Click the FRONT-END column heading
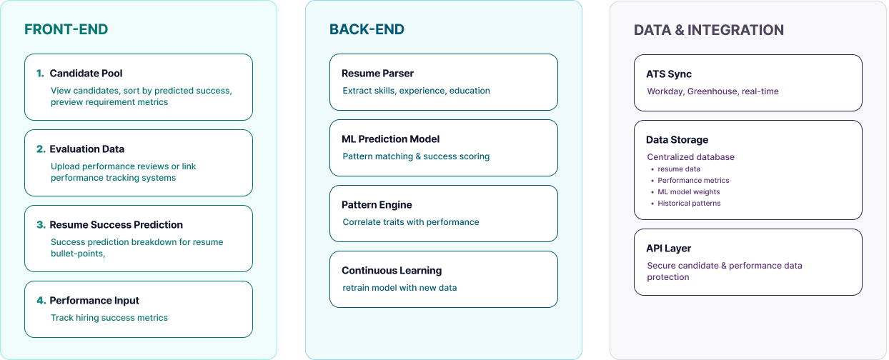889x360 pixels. pos(66,29)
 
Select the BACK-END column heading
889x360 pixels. pos(367,29)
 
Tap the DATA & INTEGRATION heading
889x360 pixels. pos(708,30)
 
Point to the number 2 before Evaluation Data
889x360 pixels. pos(41,149)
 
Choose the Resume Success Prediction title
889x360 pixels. pos(116,225)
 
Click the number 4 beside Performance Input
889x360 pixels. pos(41,301)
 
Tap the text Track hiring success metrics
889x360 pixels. pos(109,318)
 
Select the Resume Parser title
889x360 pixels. pos(377,74)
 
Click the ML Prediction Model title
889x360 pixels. pos(390,139)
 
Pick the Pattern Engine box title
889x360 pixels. pos(377,205)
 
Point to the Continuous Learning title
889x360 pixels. pos(392,271)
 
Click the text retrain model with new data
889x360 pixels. pos(399,288)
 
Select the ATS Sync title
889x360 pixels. pos(669,74)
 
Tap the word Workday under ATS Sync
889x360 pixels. pos(665,91)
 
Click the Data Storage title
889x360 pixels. pos(677,140)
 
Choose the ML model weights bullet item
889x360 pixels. pos(689,192)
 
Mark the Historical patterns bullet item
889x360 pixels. pos(689,204)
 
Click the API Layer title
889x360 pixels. pos(668,249)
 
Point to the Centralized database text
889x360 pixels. pos(690,157)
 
